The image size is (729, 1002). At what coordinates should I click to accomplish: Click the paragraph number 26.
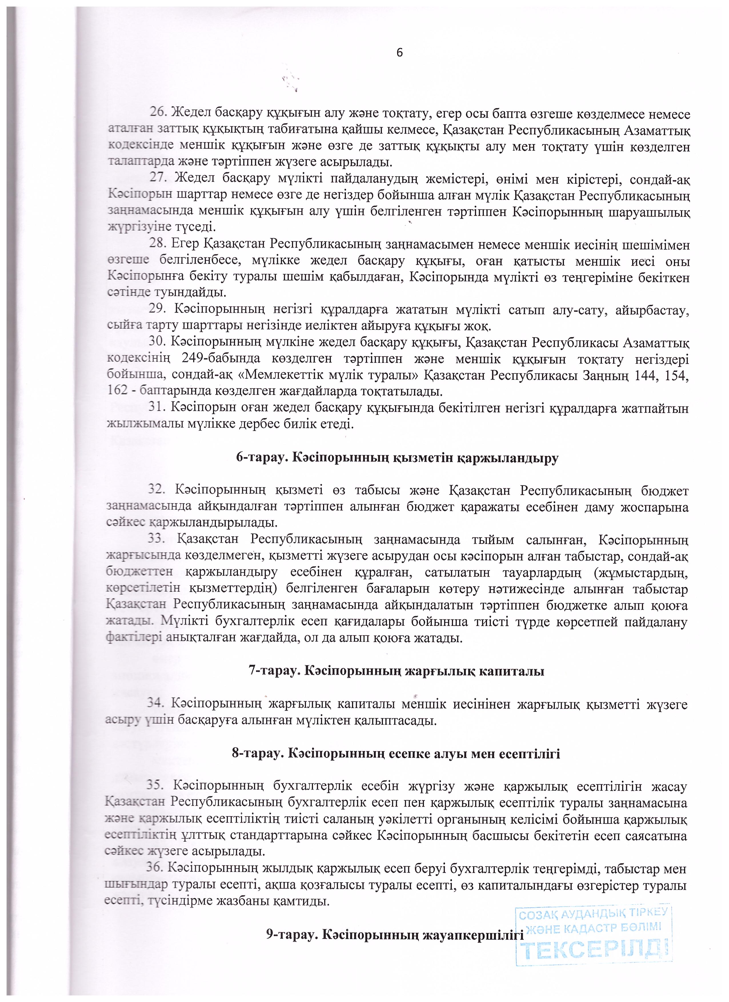[x=158, y=114]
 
